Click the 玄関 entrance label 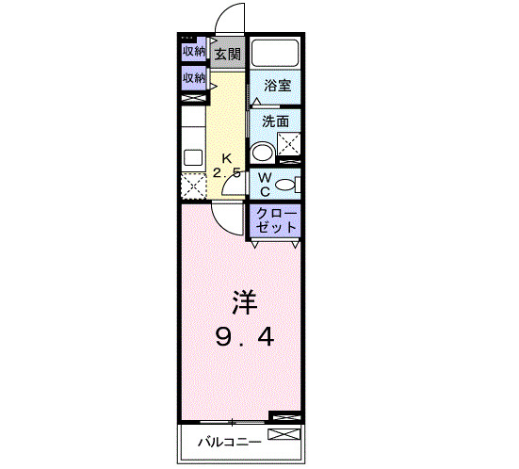click(x=226, y=54)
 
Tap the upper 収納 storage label click(x=194, y=51)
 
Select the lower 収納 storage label click(x=194, y=78)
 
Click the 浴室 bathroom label click(x=276, y=86)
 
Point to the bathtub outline click(x=275, y=53)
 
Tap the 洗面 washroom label click(x=275, y=121)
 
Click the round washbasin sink click(x=262, y=152)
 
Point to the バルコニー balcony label click(x=223, y=441)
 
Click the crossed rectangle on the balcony click(x=282, y=435)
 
